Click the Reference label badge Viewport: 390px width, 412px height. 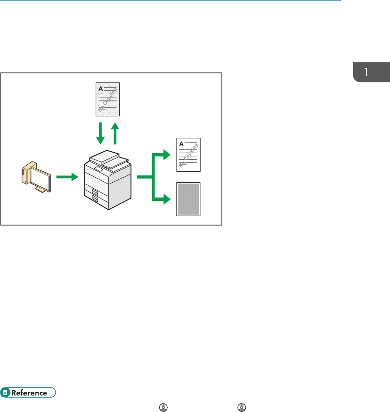coord(28,393)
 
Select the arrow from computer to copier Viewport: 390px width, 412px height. coord(67,177)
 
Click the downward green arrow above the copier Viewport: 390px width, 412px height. coord(100,134)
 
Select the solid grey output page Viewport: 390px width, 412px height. coord(188,200)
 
